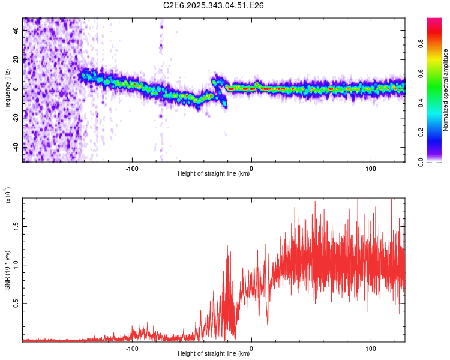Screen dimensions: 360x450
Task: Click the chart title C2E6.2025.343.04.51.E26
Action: pos(214,5)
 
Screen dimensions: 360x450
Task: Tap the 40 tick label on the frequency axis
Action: pos(17,31)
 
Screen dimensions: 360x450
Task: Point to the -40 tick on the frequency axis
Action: pos(17,146)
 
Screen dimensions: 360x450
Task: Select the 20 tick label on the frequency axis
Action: pos(17,60)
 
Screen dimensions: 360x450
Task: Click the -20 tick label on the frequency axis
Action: pos(17,118)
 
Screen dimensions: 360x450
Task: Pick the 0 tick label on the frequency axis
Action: pos(17,89)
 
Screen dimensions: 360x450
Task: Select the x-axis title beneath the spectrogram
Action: pos(214,174)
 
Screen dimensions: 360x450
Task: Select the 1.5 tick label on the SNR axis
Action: pos(16,226)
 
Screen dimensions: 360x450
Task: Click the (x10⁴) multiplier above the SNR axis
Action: pos(7,196)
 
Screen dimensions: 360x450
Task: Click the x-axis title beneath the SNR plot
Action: pos(214,354)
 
